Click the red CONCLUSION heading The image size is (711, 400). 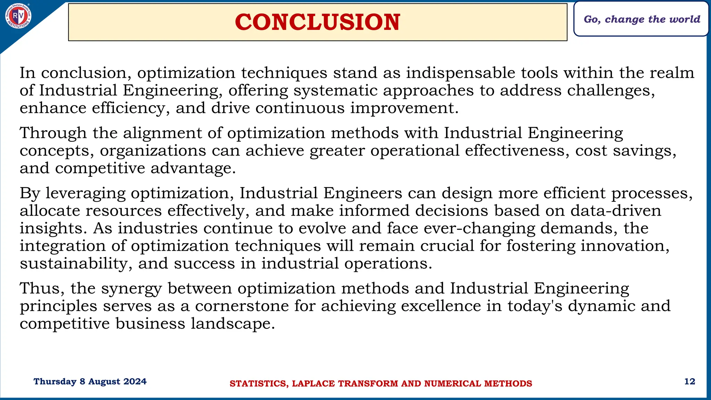point(317,22)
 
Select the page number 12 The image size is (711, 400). point(689,382)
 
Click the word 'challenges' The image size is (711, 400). point(611,91)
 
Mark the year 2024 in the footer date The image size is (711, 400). point(135,382)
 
